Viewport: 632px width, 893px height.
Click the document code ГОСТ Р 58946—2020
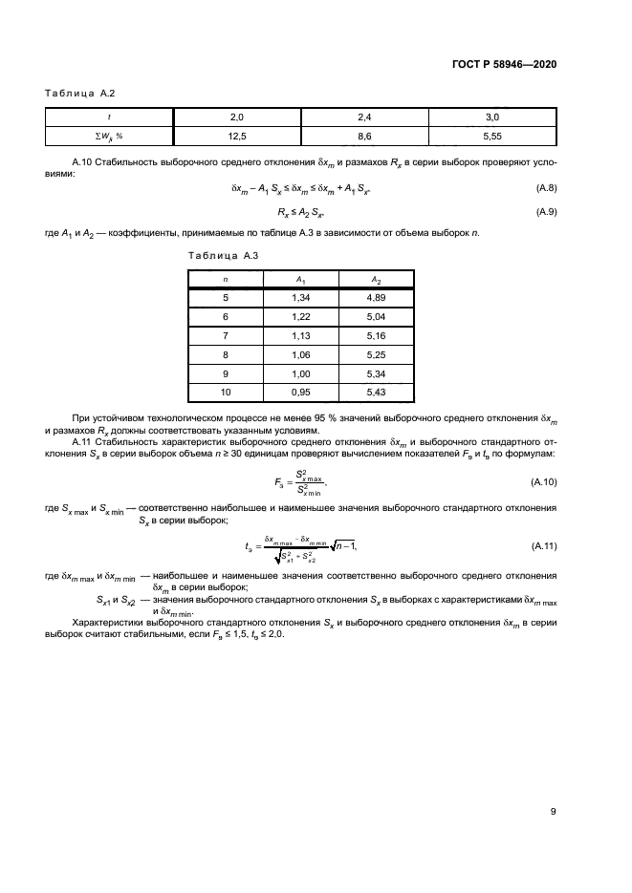pyautogui.click(x=504, y=64)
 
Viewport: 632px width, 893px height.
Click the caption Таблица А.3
pyautogui.click(x=220, y=256)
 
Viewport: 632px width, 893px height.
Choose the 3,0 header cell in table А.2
pyautogui.click(x=493, y=117)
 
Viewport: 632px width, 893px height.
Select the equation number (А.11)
pyautogui.click(x=540, y=544)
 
